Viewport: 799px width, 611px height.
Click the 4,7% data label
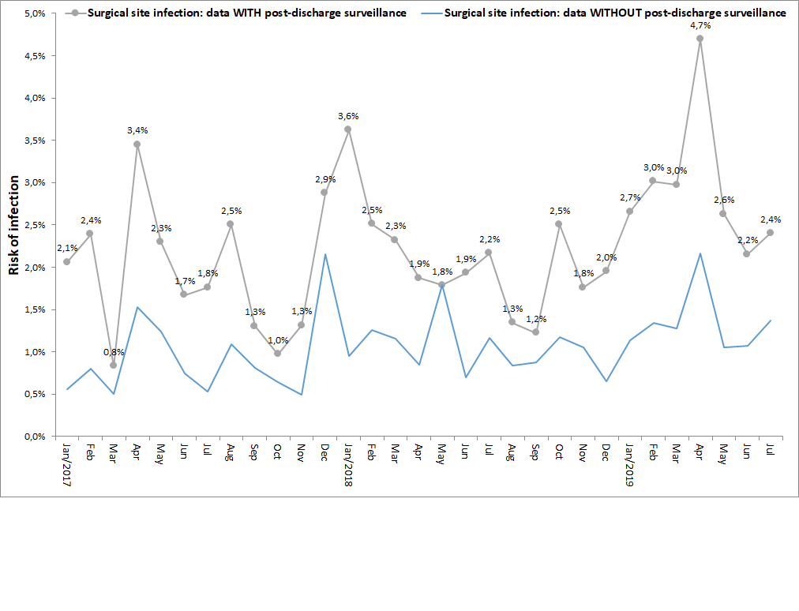700,26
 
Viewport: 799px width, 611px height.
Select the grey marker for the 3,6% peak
347,129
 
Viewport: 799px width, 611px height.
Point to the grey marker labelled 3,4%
137,144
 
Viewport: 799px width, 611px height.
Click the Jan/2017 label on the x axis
66,466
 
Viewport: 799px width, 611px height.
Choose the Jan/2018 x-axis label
347,466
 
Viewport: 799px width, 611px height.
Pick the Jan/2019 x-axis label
629,466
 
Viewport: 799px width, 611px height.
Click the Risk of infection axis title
13,225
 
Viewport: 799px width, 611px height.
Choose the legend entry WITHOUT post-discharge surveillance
615,13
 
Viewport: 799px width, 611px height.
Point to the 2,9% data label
324,180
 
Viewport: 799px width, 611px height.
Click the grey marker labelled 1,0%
277,353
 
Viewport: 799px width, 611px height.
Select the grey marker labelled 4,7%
700,38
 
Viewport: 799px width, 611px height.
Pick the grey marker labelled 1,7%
183,294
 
